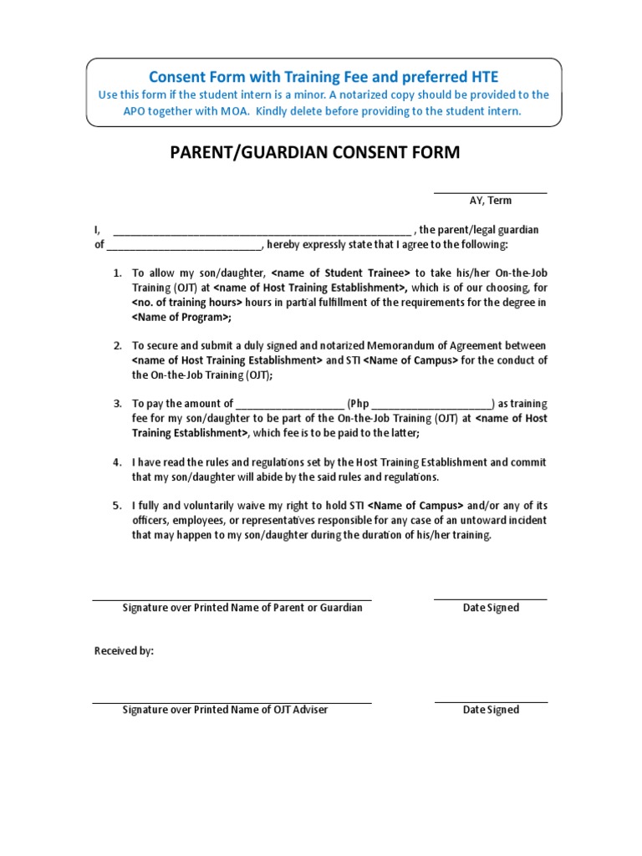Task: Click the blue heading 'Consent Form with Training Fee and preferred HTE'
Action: pyautogui.click(x=324, y=77)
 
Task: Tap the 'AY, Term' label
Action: pyautogui.click(x=490, y=201)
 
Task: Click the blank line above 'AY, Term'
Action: pyautogui.click(x=490, y=193)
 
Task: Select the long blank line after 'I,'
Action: pyautogui.click(x=262, y=232)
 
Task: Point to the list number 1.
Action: pyautogui.click(x=117, y=273)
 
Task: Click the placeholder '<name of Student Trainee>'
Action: pyautogui.click(x=341, y=273)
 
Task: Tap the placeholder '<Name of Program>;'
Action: pyautogui.click(x=181, y=318)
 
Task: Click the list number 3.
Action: pyautogui.click(x=117, y=404)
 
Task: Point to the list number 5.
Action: pyautogui.click(x=117, y=506)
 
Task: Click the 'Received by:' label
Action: pyautogui.click(x=124, y=651)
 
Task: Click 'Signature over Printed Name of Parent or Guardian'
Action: pyautogui.click(x=242, y=608)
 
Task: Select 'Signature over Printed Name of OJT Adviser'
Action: pyautogui.click(x=225, y=710)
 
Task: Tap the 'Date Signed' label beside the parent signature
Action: pyautogui.click(x=491, y=608)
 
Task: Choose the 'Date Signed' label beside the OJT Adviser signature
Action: pyautogui.click(x=491, y=710)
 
